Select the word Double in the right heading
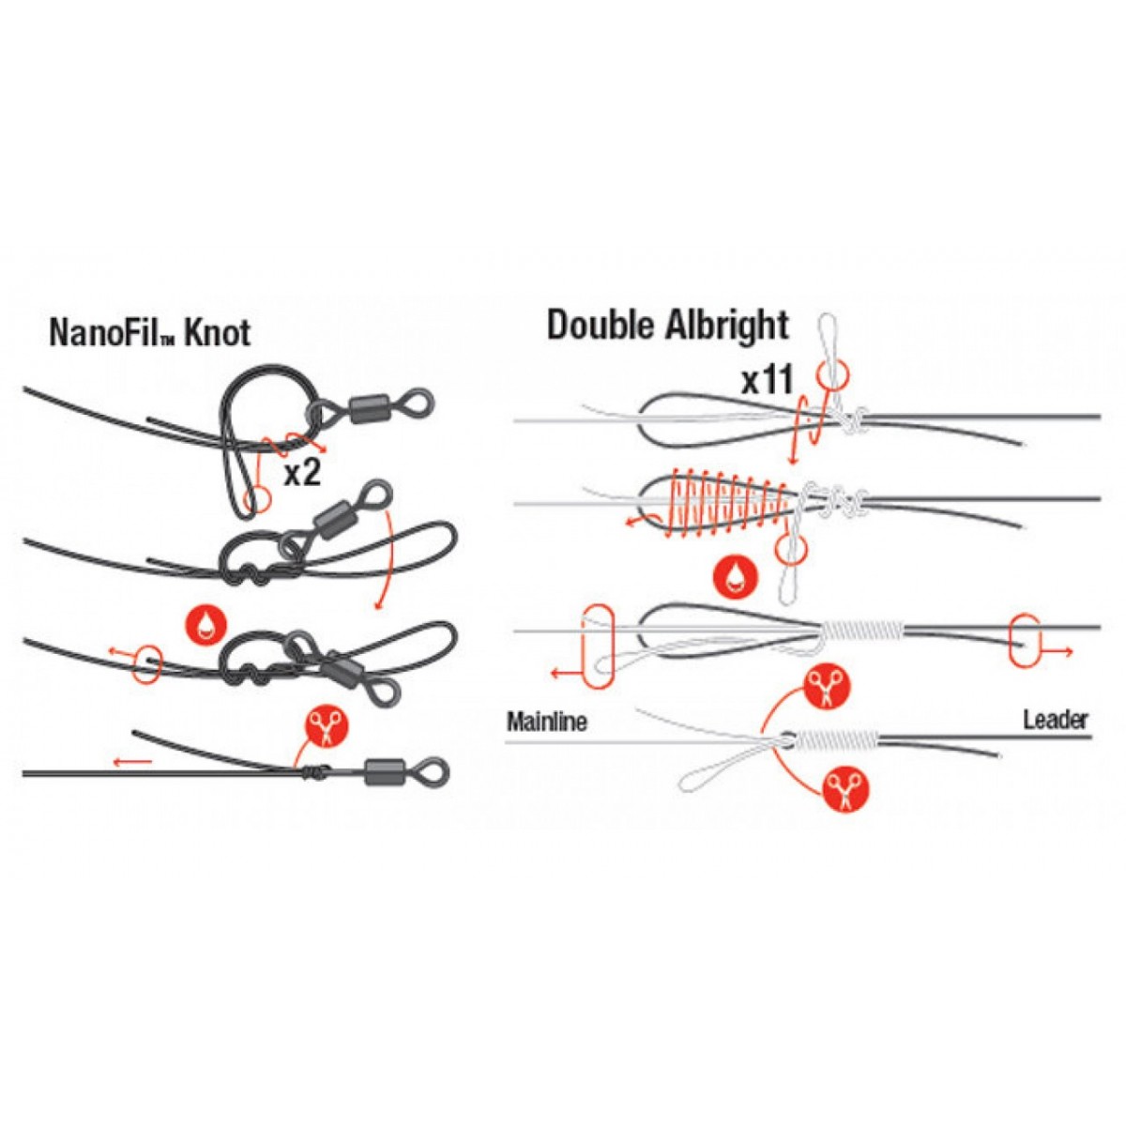click(x=601, y=326)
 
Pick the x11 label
click(x=768, y=380)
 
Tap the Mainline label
click(x=547, y=723)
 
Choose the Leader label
click(x=1055, y=721)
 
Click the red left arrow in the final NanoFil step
click(x=132, y=761)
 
